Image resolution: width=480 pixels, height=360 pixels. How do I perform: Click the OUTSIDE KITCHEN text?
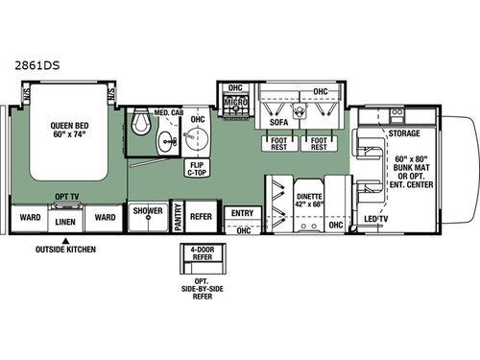click(x=67, y=248)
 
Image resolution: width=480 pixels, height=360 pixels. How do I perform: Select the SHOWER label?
click(x=148, y=210)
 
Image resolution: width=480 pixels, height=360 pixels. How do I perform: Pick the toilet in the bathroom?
click(x=142, y=123)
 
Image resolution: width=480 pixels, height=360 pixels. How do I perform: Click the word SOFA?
click(x=279, y=123)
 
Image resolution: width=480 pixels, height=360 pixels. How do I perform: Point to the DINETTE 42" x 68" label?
click(x=308, y=197)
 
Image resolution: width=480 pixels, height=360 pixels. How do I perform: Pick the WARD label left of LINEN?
click(x=30, y=216)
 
